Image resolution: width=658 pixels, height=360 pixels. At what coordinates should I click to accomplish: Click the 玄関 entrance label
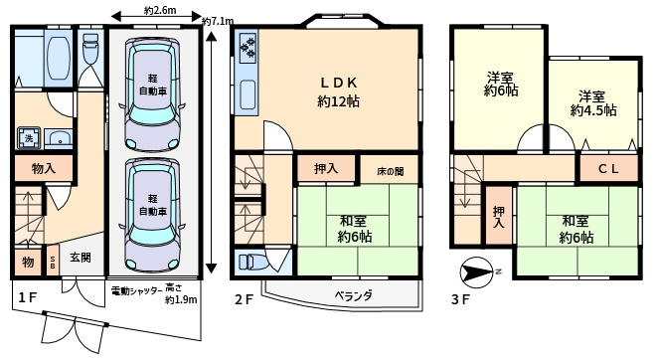coord(81,259)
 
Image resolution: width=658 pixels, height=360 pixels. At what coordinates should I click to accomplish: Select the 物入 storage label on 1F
coord(43,170)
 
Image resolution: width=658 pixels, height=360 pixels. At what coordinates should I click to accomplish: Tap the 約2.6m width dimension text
coord(159,12)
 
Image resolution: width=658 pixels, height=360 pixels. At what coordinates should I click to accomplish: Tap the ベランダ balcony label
coord(352,295)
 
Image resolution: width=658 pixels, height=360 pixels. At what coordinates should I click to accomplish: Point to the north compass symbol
coord(476,270)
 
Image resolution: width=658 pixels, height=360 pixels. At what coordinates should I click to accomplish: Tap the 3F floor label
coord(459,297)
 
